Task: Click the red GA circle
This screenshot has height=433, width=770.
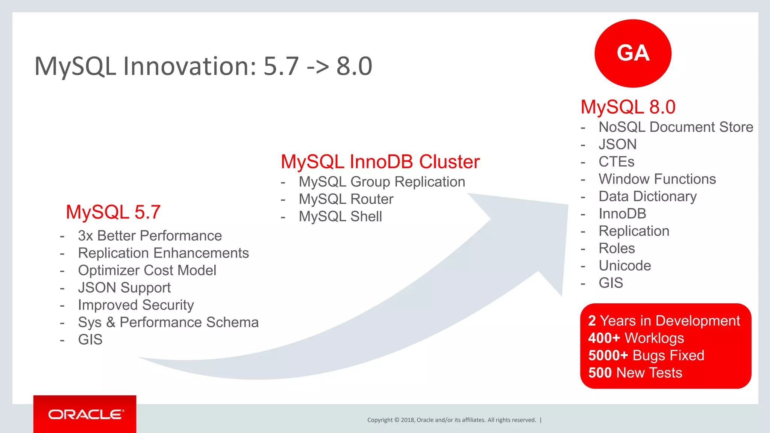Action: [x=633, y=53]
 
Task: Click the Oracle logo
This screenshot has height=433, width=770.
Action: [x=85, y=414]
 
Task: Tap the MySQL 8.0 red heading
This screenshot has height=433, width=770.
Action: [x=628, y=107]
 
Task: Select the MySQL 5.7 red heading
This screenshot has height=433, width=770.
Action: [x=113, y=212]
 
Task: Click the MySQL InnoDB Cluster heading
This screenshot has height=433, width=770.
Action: [x=380, y=162]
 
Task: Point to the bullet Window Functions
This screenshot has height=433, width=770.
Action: [x=657, y=179]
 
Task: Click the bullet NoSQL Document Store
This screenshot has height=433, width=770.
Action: [x=676, y=127]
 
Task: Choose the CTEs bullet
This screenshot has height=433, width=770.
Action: [x=616, y=162]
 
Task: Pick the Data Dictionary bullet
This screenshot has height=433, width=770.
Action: [x=647, y=196]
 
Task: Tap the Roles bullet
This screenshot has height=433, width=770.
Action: [x=617, y=248]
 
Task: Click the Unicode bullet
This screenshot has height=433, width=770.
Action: [x=624, y=265]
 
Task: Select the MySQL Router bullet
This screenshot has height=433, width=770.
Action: [x=346, y=199]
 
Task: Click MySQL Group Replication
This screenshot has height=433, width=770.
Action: [x=382, y=182]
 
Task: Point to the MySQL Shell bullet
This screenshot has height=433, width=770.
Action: [x=340, y=216]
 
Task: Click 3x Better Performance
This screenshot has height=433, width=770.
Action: [x=150, y=236]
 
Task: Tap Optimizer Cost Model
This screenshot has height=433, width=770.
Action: [x=147, y=270]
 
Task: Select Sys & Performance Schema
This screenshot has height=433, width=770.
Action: [x=168, y=322]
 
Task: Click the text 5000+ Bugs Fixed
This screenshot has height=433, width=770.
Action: [x=646, y=355]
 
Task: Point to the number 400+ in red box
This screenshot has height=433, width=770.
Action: [x=604, y=338]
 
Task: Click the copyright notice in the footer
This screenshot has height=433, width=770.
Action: [x=451, y=420]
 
